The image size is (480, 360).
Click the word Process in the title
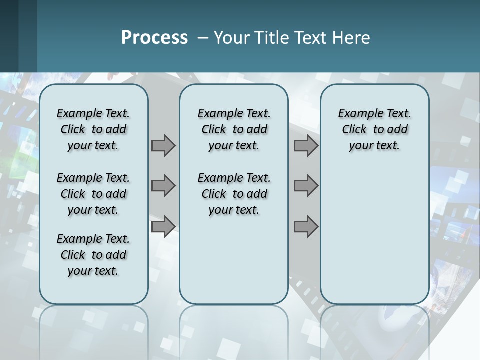[154, 38]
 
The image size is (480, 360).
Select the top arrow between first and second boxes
[163, 145]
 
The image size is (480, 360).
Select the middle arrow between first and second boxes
[163, 186]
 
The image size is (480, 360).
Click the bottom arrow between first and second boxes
[163, 227]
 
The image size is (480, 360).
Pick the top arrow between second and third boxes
[306, 145]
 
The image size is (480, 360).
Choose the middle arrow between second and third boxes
[306, 186]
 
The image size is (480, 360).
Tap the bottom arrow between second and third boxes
[306, 227]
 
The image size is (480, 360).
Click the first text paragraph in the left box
[93, 129]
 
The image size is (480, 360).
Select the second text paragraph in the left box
[93, 194]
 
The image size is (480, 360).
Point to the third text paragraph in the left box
[93, 255]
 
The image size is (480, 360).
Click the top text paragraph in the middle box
[234, 129]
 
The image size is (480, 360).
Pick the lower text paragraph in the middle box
[234, 194]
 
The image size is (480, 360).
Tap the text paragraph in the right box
[374, 129]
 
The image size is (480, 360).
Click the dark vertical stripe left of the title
[28, 36]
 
